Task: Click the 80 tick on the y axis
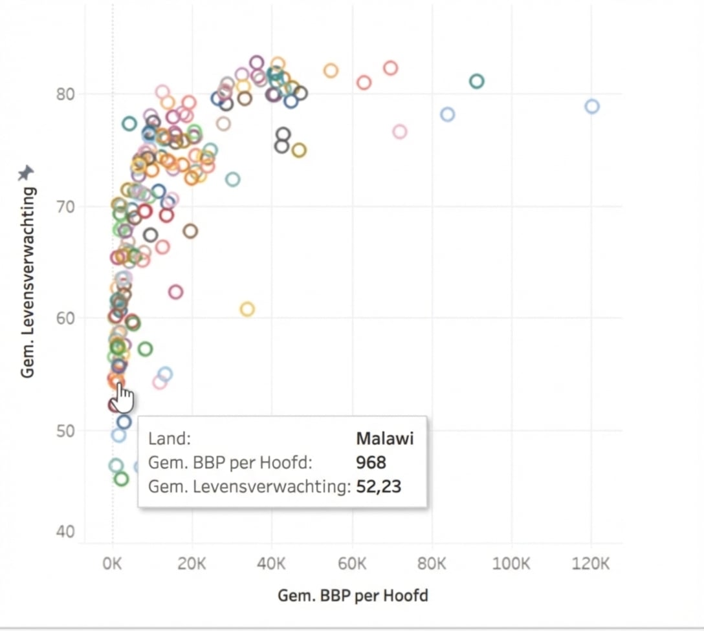(65, 94)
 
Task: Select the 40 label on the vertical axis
(65, 532)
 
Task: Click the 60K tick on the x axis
(352, 563)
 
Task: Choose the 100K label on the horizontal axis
(511, 563)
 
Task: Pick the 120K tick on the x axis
(591, 563)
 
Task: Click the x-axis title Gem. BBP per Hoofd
(353, 595)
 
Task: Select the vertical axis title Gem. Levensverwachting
(27, 283)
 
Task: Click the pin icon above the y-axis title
(26, 173)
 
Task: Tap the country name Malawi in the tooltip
(384, 439)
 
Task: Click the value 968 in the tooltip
(371, 463)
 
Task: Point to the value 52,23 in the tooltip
(379, 487)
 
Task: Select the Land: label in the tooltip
(170, 439)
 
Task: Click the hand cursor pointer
(124, 398)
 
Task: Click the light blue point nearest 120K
(592, 107)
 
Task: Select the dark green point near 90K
(477, 81)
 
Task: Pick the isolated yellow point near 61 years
(247, 309)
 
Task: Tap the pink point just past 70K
(399, 132)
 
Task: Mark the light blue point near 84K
(447, 114)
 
